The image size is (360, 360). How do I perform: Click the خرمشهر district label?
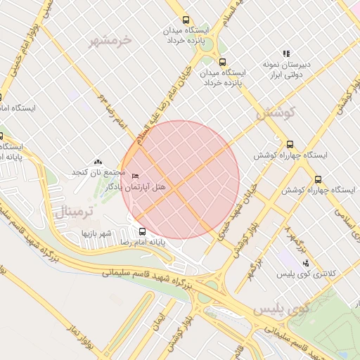coord(110,40)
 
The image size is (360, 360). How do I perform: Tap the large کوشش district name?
coord(275,112)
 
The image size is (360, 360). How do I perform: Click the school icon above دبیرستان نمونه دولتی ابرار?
coord(286,53)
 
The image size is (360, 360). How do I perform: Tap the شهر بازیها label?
coord(96,232)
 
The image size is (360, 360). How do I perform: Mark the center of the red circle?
coord(180,180)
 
